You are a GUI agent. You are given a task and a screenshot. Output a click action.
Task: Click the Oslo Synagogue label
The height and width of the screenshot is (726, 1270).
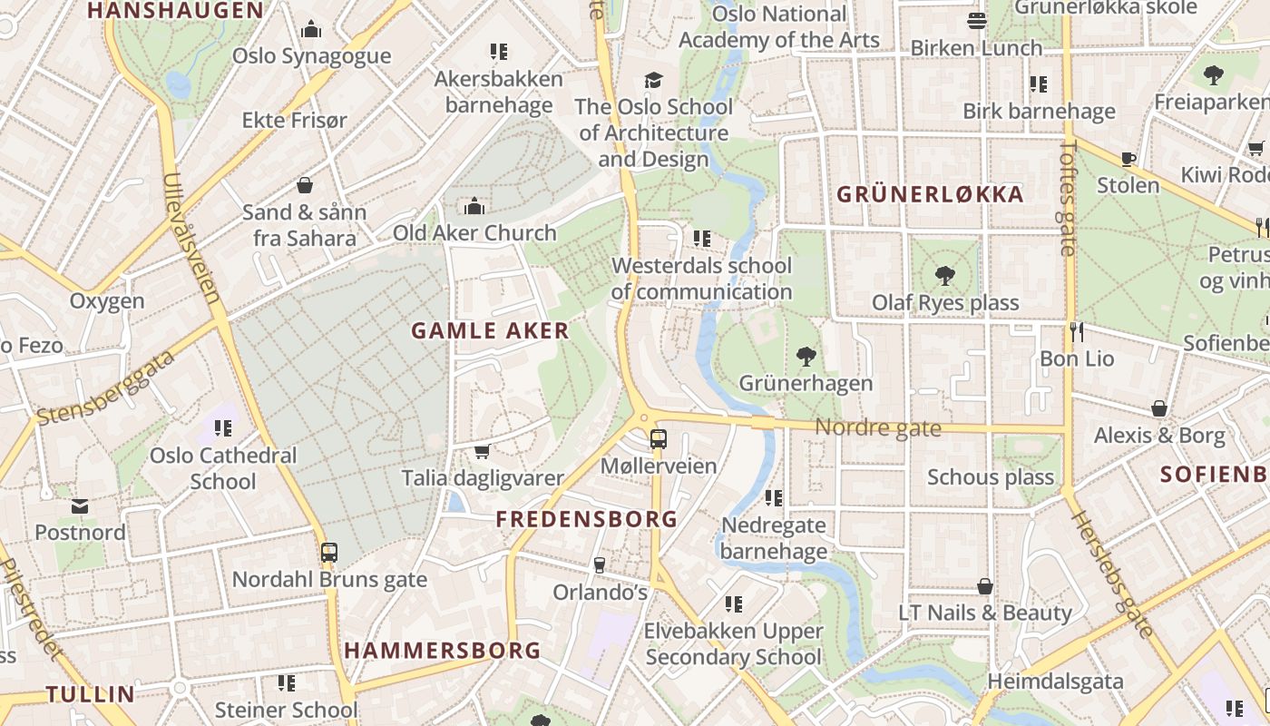point(311,56)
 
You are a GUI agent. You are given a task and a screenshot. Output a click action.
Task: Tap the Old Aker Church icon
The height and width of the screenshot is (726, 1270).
point(474,207)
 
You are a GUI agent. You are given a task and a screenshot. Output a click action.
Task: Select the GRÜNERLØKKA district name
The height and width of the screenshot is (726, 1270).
point(930,194)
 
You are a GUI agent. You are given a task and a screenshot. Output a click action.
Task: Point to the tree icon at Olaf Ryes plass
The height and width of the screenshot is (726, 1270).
point(945,275)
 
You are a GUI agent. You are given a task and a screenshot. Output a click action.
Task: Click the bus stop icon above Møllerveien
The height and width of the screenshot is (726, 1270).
point(659,439)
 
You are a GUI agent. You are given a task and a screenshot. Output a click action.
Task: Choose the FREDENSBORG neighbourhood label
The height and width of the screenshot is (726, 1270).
point(587,519)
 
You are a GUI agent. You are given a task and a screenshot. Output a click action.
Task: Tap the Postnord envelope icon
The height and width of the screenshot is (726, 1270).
point(80,505)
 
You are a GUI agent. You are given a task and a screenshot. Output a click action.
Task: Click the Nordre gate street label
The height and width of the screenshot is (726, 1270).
point(877,427)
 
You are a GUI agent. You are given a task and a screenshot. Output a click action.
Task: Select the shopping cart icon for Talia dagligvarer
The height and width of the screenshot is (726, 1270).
point(483,451)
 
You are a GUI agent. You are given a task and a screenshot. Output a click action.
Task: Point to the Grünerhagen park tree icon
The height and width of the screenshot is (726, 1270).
point(806,356)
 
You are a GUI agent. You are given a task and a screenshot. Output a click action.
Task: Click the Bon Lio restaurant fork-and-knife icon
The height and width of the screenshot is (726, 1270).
point(1077,331)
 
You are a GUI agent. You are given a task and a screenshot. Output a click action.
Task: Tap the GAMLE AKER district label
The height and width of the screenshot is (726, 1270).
point(490,331)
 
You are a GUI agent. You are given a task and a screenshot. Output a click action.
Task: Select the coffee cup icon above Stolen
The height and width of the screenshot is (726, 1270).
point(1128,159)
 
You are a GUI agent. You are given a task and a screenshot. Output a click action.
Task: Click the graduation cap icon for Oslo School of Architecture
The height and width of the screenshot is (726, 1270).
point(653,80)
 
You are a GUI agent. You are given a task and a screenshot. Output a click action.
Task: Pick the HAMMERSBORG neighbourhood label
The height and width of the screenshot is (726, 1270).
point(443,651)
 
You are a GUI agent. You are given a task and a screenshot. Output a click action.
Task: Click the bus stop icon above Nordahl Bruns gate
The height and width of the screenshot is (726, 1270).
point(329,552)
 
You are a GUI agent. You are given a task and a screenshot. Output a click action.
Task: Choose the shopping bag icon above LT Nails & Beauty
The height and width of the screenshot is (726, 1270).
point(985,586)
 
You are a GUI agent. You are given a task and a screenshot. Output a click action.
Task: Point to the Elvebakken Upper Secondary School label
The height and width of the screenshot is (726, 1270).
point(733,643)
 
